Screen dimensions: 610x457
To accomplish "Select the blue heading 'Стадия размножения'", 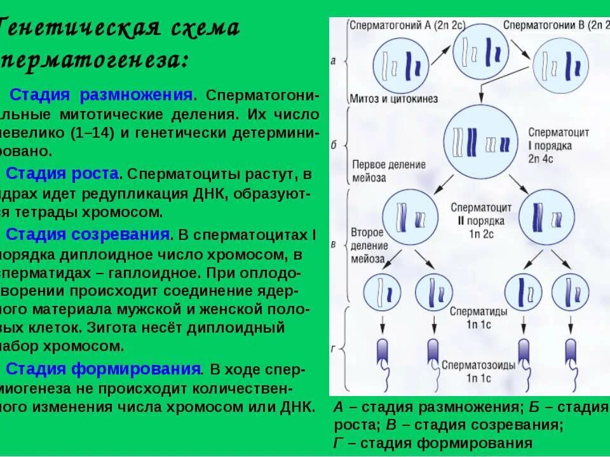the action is click(102, 95).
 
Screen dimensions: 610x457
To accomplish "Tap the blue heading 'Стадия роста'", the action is click(62, 173).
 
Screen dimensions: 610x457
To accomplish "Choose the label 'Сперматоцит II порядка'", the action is click(481, 214).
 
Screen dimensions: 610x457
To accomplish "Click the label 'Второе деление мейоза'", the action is click(367, 245).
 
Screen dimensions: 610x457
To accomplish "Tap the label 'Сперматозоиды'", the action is click(478, 366).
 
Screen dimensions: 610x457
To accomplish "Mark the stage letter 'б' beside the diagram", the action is click(334, 145).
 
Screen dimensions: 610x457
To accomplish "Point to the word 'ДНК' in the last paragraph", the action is click(294, 406).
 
